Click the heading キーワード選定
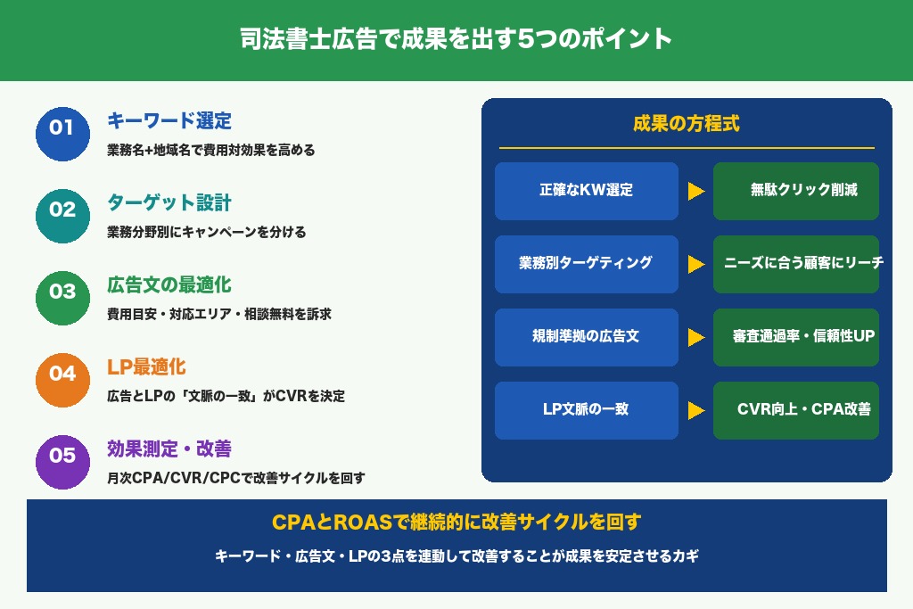click(x=169, y=120)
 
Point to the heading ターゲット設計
click(x=169, y=202)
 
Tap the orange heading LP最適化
click(x=146, y=366)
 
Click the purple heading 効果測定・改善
click(x=169, y=449)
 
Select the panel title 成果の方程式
click(x=686, y=124)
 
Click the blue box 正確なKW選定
click(x=586, y=191)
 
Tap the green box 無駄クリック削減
click(x=795, y=191)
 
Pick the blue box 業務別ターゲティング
click(x=586, y=264)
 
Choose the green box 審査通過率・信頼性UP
click(x=795, y=337)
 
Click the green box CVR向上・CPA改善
click(x=795, y=410)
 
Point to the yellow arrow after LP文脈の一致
click(x=695, y=411)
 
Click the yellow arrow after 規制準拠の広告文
click(x=695, y=338)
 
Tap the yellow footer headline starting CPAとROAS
click(x=456, y=523)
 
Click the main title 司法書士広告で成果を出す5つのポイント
click(x=456, y=40)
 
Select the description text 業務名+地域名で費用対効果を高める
click(x=210, y=150)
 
